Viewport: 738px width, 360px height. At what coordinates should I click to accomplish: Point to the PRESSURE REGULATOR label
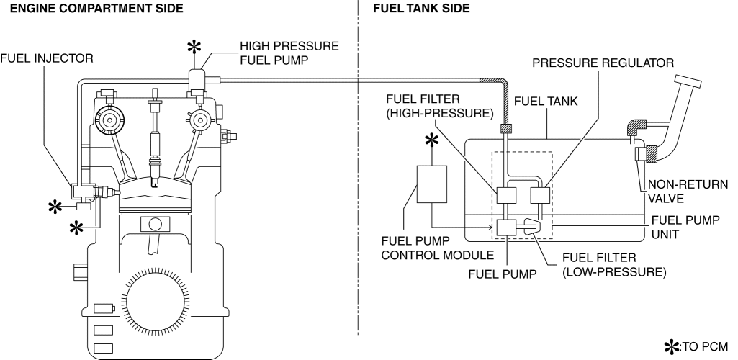[x=603, y=63]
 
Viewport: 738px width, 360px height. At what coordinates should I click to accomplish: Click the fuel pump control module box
[x=432, y=184]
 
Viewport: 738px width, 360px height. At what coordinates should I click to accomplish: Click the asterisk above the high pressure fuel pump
[x=194, y=48]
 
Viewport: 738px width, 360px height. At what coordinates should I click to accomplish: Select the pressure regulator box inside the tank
[x=540, y=195]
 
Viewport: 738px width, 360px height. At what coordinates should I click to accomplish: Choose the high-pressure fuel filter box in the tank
[x=507, y=195]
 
